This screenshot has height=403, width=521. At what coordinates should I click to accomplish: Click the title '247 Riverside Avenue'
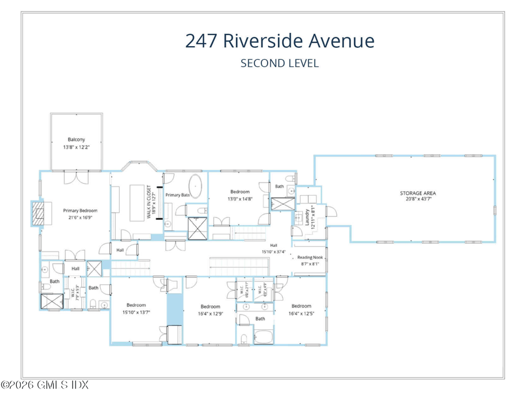[x=279, y=41]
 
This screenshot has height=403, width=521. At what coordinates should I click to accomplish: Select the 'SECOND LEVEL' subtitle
[x=279, y=63]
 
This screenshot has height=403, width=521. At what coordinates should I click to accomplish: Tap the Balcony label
[x=76, y=139]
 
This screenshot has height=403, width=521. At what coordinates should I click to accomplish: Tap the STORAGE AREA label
[x=417, y=193]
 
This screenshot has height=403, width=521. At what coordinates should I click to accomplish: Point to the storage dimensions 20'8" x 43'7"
[x=417, y=199]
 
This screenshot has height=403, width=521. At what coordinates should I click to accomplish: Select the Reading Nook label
[x=310, y=257]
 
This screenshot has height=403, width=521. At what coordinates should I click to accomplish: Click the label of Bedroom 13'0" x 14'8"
[x=239, y=192]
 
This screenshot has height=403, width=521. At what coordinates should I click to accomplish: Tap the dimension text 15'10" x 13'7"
[x=136, y=313]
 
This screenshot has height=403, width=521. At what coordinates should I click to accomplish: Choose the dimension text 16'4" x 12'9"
[x=210, y=314]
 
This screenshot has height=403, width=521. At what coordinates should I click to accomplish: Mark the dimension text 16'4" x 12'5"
[x=301, y=313]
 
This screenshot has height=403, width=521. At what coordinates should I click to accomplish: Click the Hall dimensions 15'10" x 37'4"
[x=273, y=252]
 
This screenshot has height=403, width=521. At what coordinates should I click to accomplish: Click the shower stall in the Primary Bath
[x=197, y=229]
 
